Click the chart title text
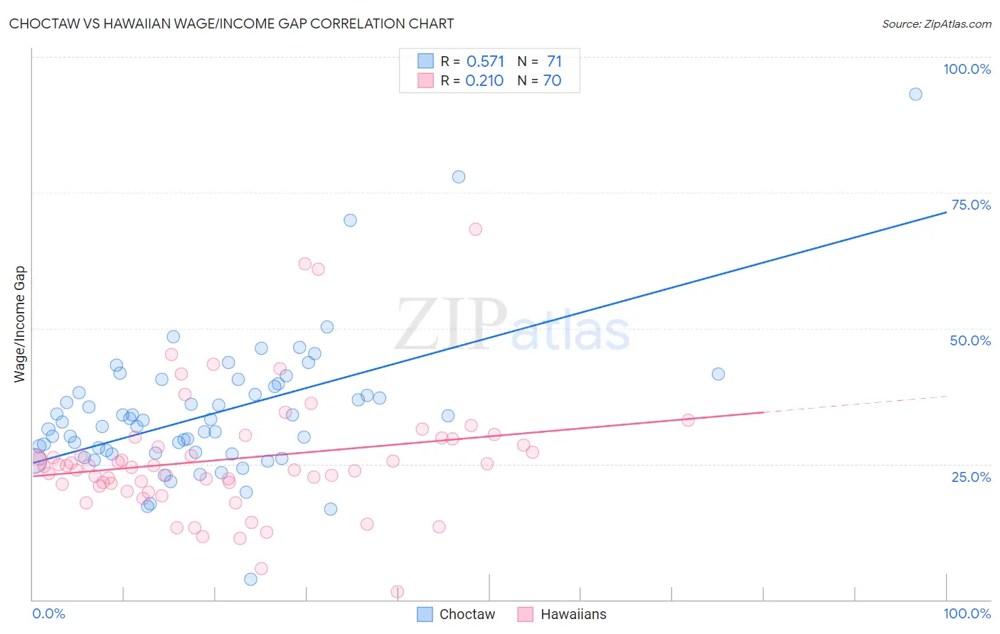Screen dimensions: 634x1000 point(231,23)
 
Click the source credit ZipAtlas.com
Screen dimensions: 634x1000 point(936,23)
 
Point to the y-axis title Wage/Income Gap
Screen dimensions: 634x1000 point(20,324)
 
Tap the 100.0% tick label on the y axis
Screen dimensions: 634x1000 point(967,69)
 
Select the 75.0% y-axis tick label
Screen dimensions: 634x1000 point(971,205)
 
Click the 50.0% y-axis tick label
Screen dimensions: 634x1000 point(970,340)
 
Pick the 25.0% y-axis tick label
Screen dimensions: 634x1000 point(971,476)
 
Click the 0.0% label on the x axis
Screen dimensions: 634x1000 point(48,613)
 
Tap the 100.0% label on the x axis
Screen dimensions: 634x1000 point(967,613)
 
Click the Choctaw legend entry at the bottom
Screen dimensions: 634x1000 point(456,614)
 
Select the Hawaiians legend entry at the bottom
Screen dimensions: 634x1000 point(562,614)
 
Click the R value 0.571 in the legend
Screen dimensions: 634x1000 point(485,62)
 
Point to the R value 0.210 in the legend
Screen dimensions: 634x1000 point(484,81)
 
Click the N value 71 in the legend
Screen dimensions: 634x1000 point(554,62)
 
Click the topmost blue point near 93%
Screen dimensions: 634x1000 point(915,95)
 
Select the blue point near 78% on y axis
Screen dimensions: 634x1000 point(459,177)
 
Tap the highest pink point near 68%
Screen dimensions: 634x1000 point(476,229)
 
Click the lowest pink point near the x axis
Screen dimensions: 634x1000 point(398,592)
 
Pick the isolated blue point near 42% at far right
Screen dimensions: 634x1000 point(718,374)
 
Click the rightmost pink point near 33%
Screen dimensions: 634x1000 point(688,420)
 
